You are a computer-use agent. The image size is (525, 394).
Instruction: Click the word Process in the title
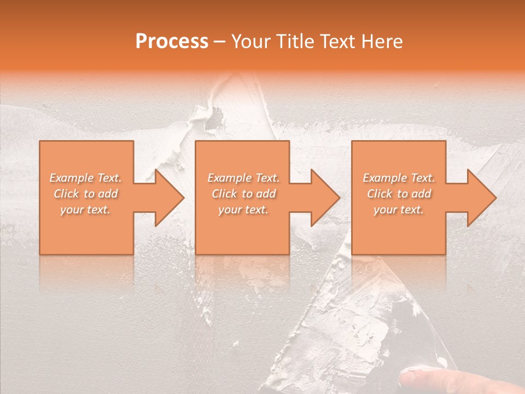coord(172,42)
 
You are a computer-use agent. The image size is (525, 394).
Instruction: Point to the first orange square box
coord(86,230)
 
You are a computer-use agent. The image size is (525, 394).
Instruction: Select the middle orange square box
coord(242,230)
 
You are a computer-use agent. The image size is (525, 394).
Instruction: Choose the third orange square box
coord(398,230)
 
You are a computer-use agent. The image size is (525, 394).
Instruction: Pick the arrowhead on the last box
coord(481,198)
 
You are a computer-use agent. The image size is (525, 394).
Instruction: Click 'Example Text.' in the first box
coord(86,178)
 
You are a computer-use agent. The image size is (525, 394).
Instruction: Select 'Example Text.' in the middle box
coord(243,178)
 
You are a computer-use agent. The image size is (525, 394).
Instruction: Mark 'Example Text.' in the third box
coord(399,178)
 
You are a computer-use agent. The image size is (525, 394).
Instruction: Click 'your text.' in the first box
coord(85,210)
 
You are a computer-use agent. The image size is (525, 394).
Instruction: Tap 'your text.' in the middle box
coord(243,210)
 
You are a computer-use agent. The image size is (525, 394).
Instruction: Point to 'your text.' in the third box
coord(398,210)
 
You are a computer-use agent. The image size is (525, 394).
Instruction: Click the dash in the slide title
coord(219,42)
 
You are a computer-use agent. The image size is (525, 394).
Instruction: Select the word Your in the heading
coord(249,42)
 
